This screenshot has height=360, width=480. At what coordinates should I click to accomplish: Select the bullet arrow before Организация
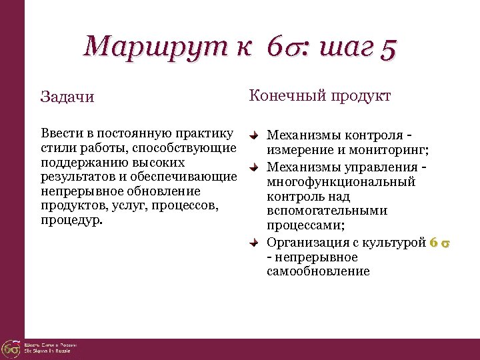pos(254,243)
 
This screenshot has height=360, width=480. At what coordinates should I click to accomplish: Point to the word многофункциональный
pos(341,182)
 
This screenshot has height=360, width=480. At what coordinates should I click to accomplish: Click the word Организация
pos(306,243)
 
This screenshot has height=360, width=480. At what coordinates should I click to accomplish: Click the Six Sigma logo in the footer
pos(11,347)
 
